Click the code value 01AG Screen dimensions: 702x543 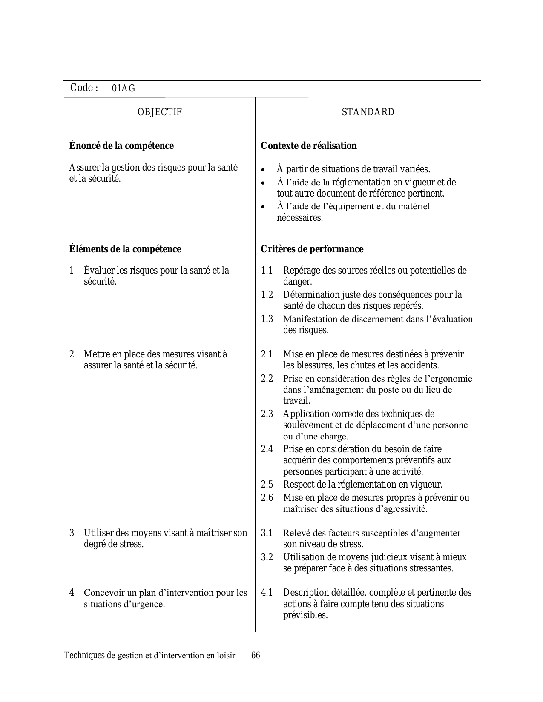pos(124,88)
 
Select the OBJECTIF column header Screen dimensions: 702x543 pos(159,112)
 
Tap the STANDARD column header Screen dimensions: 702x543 pos(368,112)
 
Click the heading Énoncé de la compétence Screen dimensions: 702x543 pos(121,146)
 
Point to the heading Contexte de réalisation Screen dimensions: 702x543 pos(308,146)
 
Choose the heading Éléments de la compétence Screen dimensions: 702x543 pos(125,249)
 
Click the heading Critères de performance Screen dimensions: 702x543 pos(312,249)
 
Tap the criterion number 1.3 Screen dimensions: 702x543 pos(267,319)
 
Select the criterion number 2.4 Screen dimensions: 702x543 pos(267,449)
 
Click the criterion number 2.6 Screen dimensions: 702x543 pos(267,497)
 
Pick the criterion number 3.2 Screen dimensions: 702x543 pos(267,557)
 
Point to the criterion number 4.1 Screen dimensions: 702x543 pos(267,593)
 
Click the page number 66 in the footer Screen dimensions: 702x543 pos(256,655)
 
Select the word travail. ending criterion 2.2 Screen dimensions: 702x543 pos(297,401)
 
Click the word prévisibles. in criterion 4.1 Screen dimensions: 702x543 pos(305,615)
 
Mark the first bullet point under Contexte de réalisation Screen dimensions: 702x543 pos(264,170)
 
